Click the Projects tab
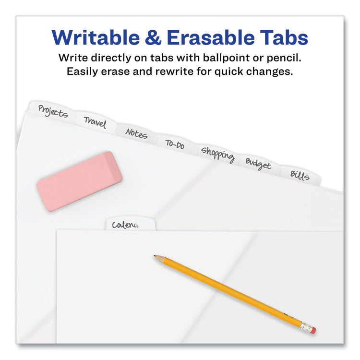point(53,111)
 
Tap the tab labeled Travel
point(95,122)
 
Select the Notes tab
point(136,133)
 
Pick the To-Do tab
point(175,144)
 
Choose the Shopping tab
point(217,154)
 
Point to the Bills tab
point(300,175)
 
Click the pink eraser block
point(80,181)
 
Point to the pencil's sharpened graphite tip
point(155,256)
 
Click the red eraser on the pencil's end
point(313,330)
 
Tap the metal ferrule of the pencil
point(306,327)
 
